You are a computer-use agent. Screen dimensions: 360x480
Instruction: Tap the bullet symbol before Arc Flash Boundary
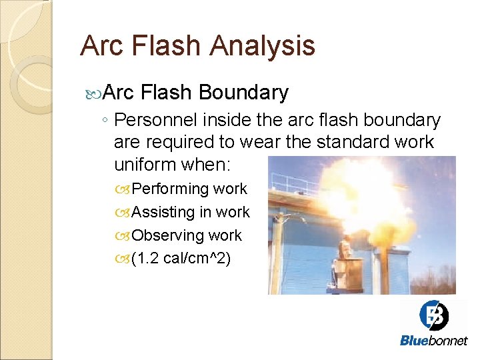(94, 93)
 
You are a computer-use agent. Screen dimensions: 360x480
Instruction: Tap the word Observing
(167, 235)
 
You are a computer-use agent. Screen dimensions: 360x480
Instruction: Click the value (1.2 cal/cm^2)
(181, 259)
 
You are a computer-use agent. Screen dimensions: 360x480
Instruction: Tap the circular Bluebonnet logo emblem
(433, 315)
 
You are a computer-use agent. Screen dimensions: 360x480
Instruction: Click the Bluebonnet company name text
(433, 341)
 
